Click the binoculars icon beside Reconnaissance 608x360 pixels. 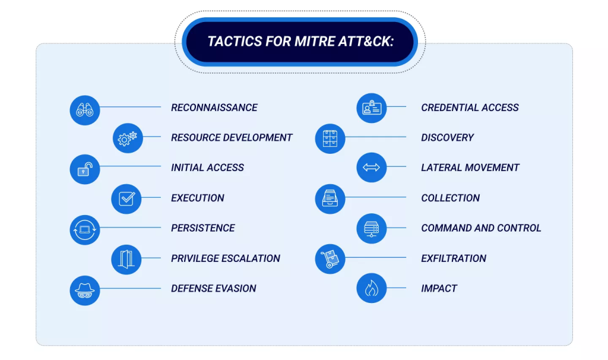point(85,110)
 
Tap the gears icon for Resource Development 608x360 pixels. point(128,138)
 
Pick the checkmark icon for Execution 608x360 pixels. point(126,199)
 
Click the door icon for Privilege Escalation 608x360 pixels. point(126,259)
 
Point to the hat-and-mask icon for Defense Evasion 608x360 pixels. point(85,290)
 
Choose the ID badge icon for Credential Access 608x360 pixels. point(372,108)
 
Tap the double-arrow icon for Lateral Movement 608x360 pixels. point(372,168)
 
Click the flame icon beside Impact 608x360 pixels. point(372,289)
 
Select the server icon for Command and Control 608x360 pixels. point(372,229)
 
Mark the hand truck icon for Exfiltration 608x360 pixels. point(330,259)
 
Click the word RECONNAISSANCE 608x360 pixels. point(214,108)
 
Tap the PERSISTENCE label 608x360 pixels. point(202,228)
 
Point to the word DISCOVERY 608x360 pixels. point(447,138)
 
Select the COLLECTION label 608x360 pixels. point(450,198)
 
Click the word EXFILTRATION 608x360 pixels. point(454,258)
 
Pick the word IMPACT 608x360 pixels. point(439,289)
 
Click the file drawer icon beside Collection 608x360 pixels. point(330,199)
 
